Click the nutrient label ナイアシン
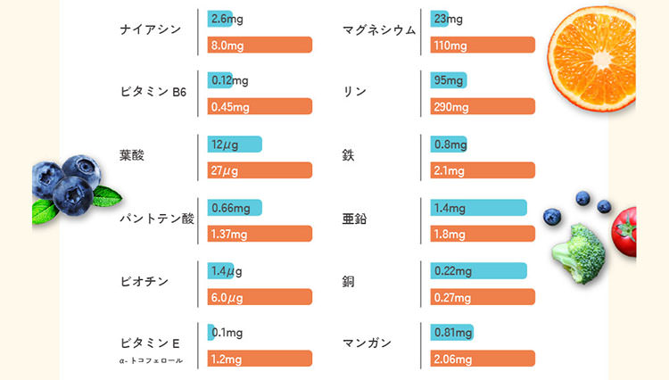(x=150, y=29)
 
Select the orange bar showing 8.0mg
(x=260, y=45)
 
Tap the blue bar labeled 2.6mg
(x=219, y=19)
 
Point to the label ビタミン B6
(x=153, y=92)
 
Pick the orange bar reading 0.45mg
(x=260, y=107)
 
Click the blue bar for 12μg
(x=235, y=144)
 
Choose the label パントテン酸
(x=156, y=218)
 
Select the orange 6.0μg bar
(x=260, y=297)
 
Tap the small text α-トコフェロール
(x=152, y=360)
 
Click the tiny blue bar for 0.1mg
(x=211, y=333)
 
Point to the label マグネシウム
(x=379, y=29)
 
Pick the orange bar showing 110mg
(x=482, y=45)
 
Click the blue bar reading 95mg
(x=449, y=81)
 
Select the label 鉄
(x=348, y=155)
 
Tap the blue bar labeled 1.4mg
(x=478, y=208)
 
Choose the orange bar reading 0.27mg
(x=482, y=297)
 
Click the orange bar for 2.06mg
(x=482, y=359)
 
